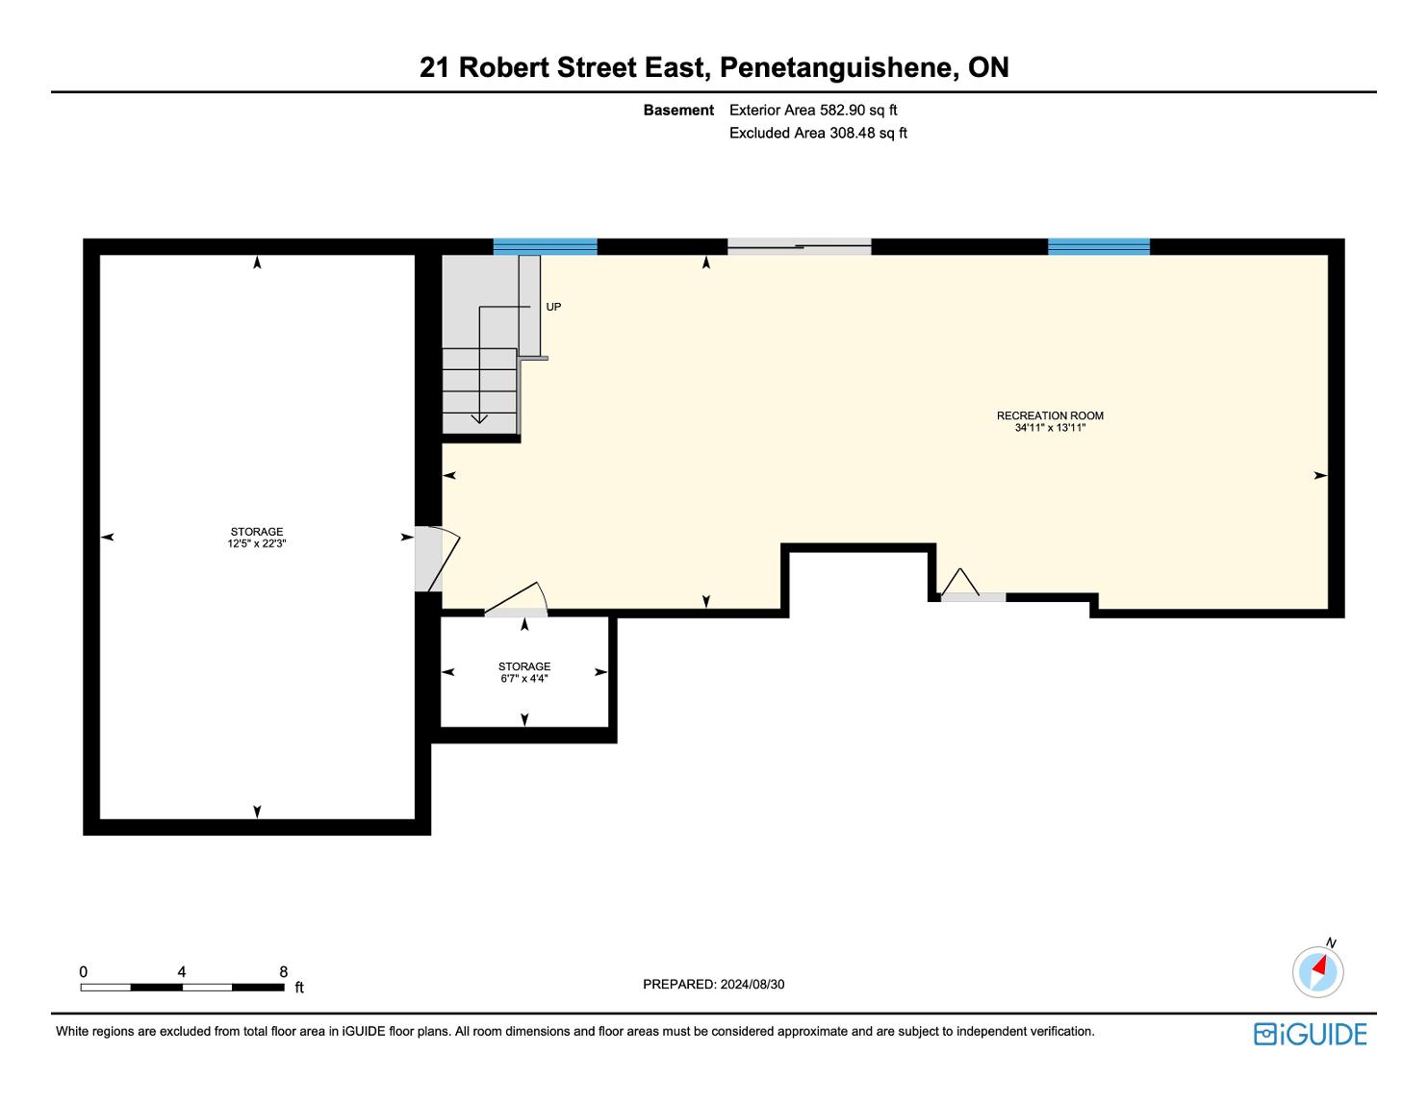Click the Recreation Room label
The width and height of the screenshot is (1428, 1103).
point(1050,415)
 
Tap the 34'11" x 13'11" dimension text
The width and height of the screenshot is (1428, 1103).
point(1050,428)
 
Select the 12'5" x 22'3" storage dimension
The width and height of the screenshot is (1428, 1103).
point(257,543)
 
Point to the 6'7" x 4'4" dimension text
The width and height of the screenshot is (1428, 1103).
point(524,678)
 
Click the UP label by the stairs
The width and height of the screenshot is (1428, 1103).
point(553,307)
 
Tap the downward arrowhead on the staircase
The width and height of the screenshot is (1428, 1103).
point(479,418)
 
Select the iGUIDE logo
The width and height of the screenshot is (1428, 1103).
point(1311,1034)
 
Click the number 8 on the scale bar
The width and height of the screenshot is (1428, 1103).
point(283,971)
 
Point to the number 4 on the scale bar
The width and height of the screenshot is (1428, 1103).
point(181,971)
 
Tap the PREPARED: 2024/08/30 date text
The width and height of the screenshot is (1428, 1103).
point(714,984)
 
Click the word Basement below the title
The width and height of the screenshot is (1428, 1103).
point(678,111)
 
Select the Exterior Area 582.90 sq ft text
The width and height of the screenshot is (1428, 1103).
point(813,111)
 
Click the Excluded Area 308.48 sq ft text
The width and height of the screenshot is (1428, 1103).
point(818,134)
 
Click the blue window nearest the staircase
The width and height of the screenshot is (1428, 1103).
point(546,247)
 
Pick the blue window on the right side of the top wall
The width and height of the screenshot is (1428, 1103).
point(1099,247)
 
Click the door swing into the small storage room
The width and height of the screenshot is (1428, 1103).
point(516,600)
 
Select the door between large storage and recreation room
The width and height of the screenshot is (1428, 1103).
point(437,559)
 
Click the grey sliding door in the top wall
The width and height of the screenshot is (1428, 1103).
point(799,247)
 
